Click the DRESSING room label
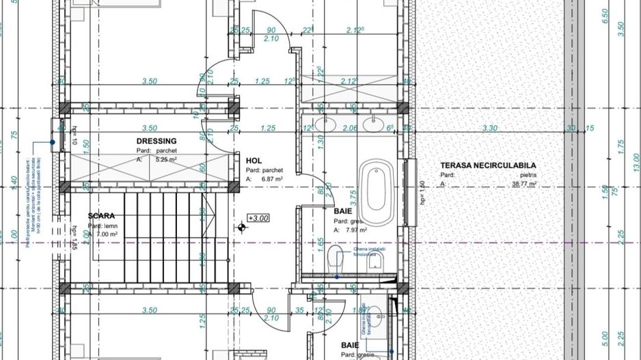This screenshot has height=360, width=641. pos(156,141)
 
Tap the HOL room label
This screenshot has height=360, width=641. pos(254,161)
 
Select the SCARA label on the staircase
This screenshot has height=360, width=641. pos(101,216)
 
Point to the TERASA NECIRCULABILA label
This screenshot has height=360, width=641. pos(488,165)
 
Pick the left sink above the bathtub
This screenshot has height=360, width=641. pos(324,124)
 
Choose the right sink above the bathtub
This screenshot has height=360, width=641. pos(374,124)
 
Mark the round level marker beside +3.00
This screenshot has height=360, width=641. pos(243,227)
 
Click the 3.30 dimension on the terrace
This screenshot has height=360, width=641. pos(489,128)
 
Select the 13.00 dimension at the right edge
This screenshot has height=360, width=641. pos(636,161)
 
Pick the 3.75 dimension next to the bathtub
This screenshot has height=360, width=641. pos(353,197)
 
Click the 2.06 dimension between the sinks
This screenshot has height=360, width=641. pos(349,128)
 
